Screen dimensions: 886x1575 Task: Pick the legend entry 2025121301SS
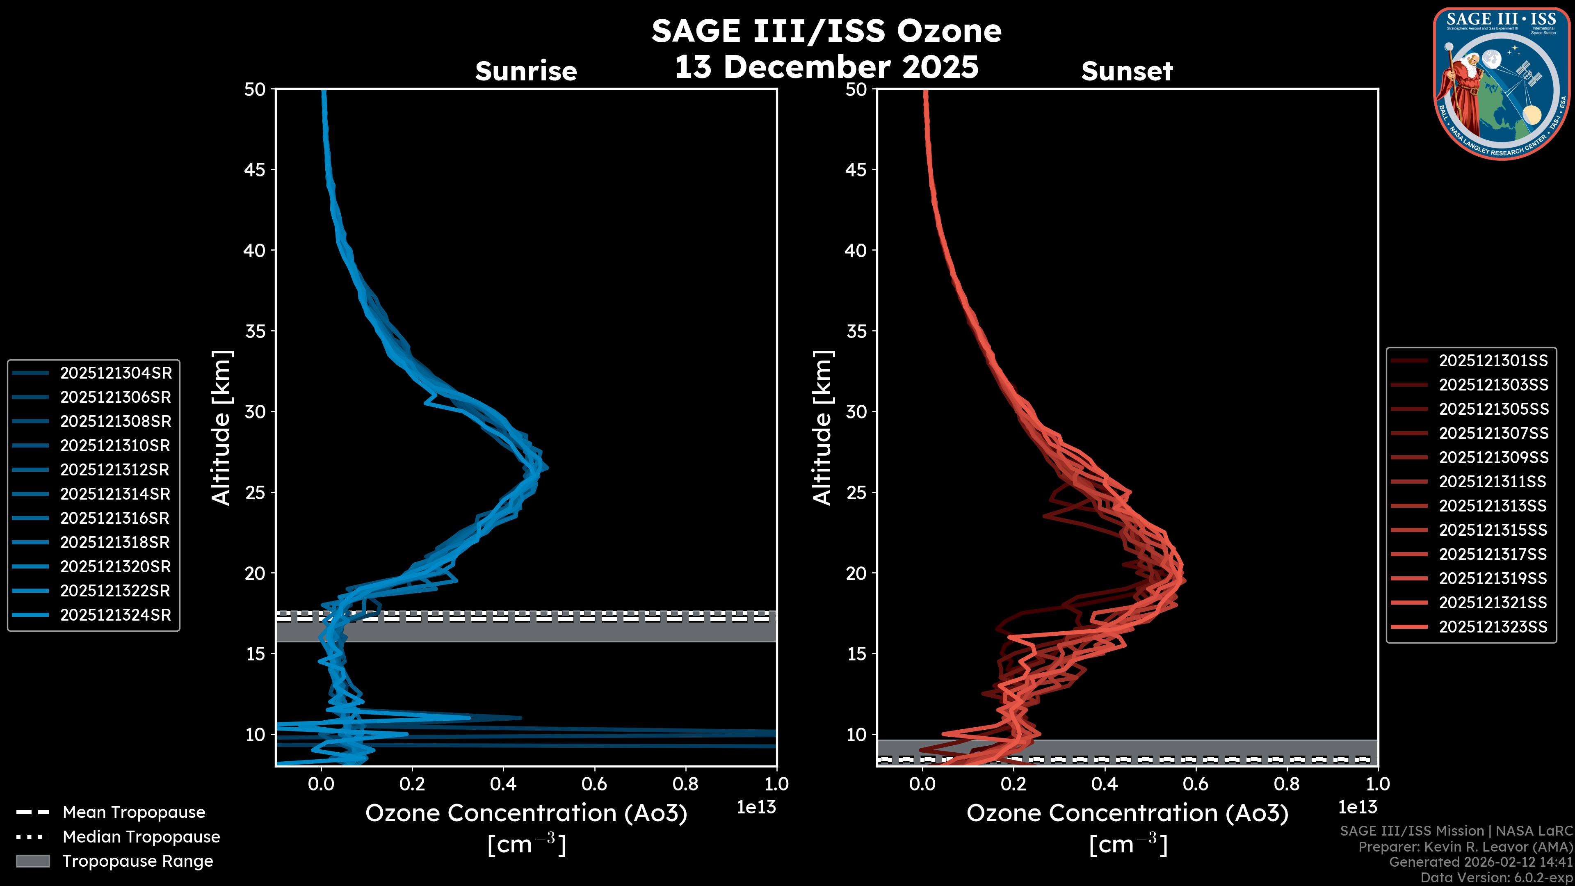1493,361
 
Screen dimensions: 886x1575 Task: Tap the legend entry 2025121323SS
1493,627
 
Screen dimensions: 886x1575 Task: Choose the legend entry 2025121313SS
1493,506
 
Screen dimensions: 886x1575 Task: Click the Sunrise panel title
526,71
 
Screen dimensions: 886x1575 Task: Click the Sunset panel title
1127,71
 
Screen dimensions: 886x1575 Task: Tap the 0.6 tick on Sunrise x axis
594,784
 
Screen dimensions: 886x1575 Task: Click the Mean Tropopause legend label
134,813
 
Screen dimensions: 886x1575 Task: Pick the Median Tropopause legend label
141,837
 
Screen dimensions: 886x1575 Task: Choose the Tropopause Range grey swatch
32,861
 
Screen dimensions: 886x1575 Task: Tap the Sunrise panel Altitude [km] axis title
221,427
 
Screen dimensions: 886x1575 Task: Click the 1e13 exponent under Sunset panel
1357,807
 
